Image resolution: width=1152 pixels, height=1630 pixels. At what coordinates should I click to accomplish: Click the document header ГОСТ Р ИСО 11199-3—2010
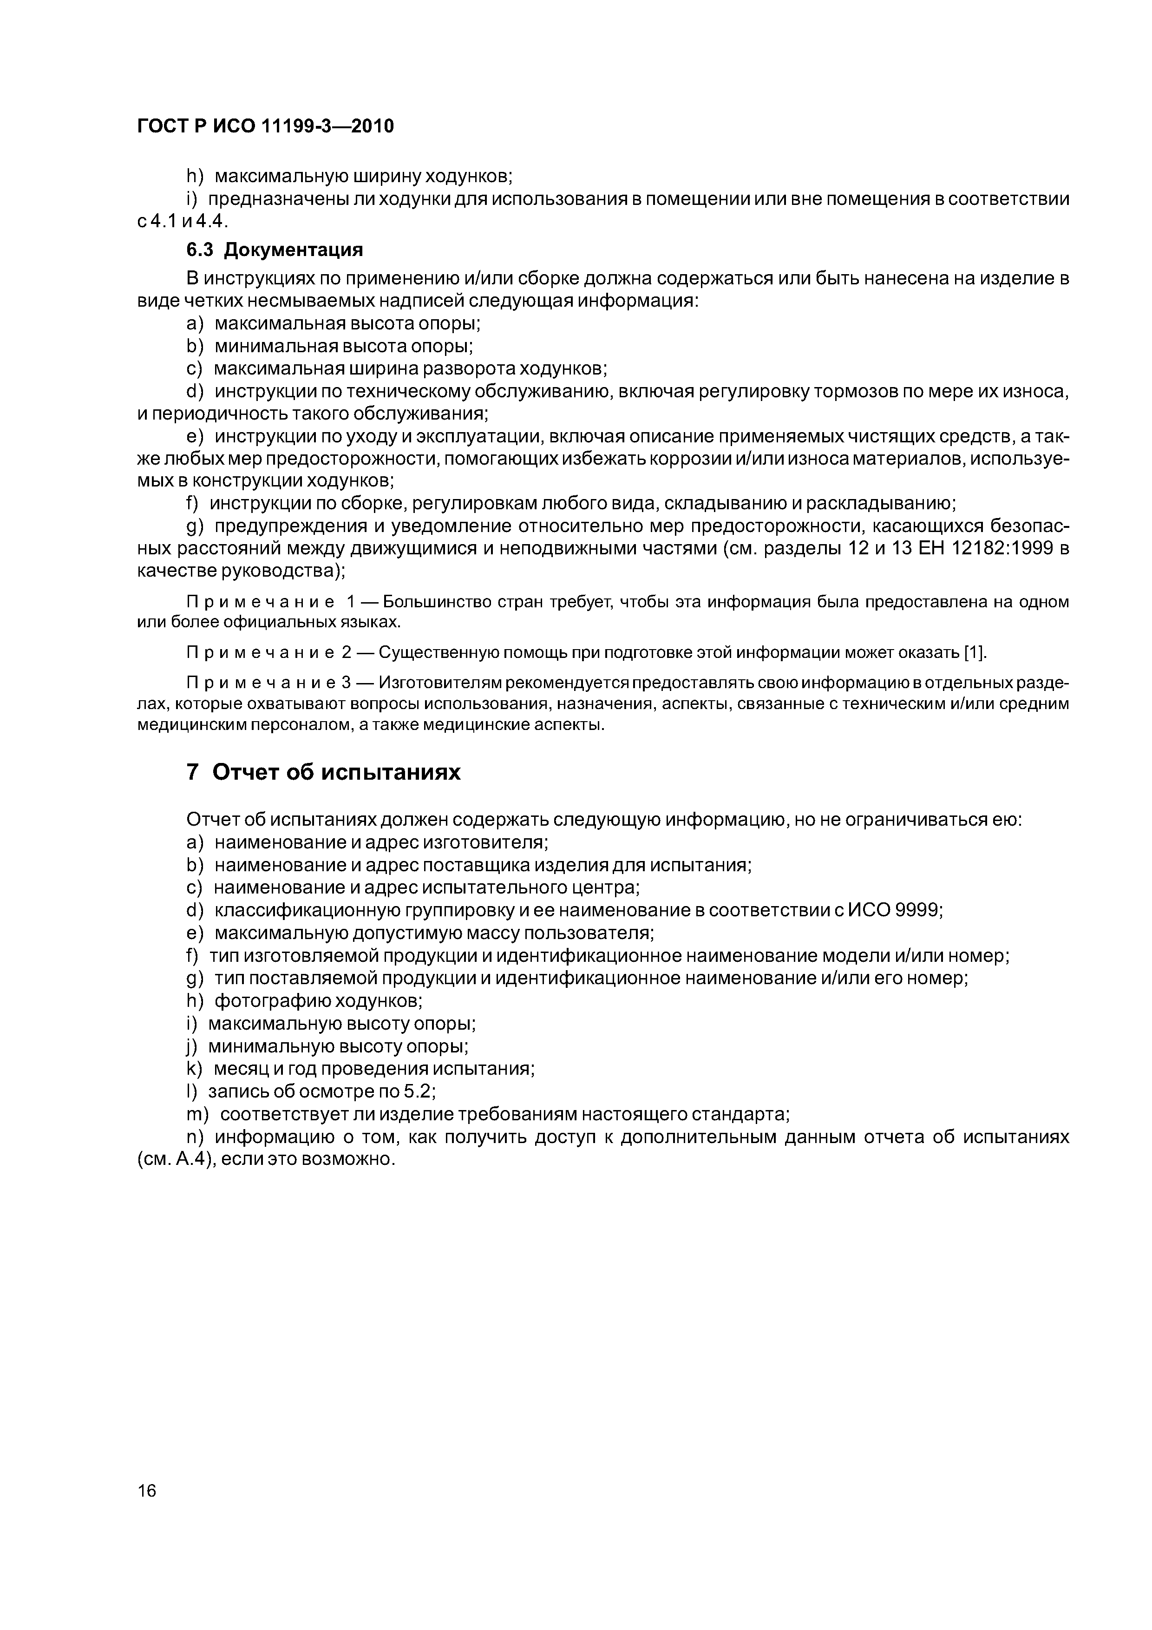[265, 126]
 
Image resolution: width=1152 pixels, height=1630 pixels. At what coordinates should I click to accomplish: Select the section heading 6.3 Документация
[275, 250]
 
